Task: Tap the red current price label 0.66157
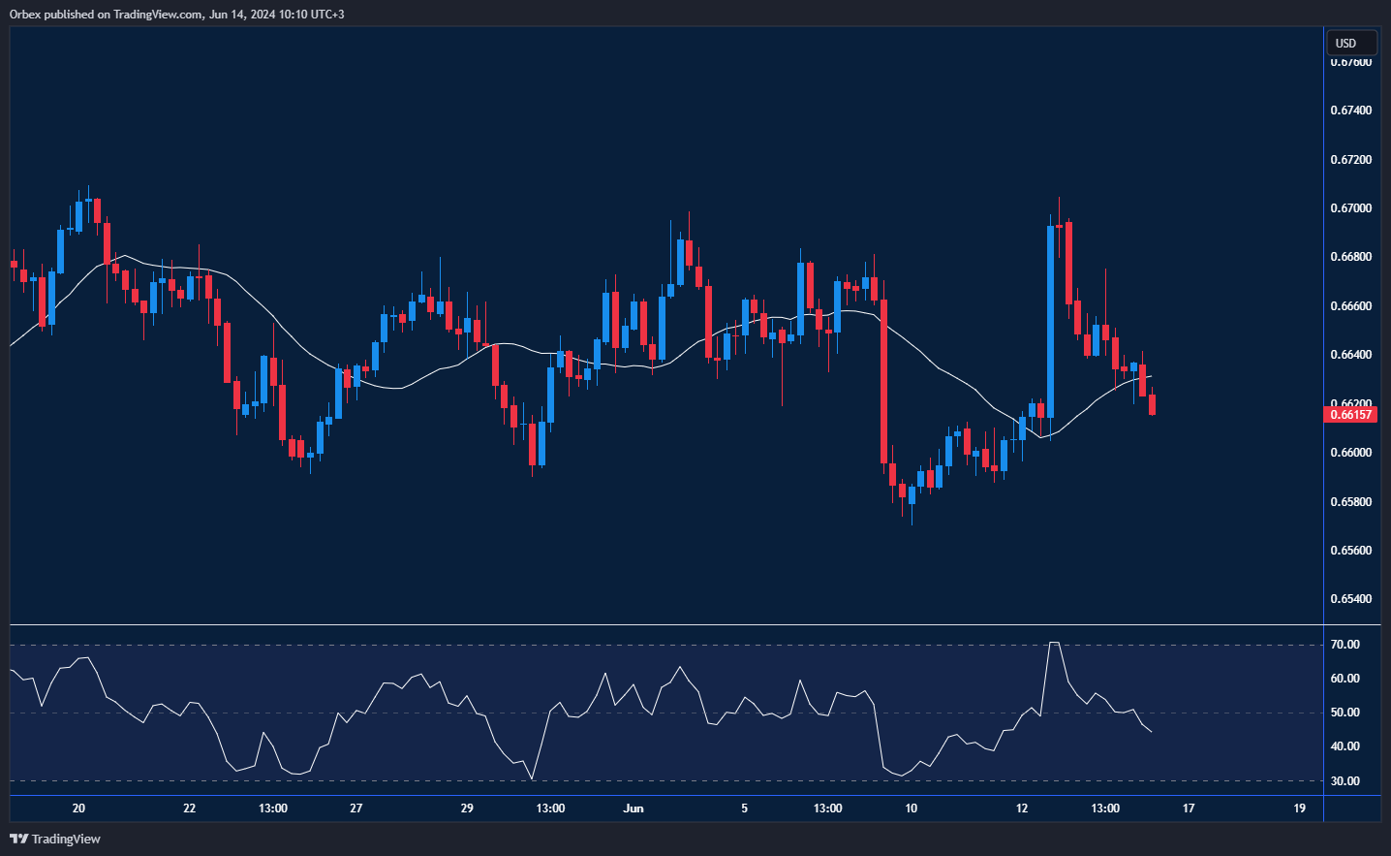point(1350,415)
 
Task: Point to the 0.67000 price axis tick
point(1350,208)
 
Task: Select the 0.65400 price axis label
point(1350,599)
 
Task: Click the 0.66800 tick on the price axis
point(1350,257)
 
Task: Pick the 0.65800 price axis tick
point(1350,502)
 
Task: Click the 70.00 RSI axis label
point(1345,645)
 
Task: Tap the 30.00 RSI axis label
point(1345,781)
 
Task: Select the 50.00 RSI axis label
point(1345,713)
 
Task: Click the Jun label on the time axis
point(634,808)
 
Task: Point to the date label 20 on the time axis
point(78,808)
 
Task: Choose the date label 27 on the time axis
point(356,808)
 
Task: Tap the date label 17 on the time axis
point(1189,808)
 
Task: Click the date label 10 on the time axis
point(911,808)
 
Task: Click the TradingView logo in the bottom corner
point(55,839)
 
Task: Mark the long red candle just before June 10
point(883,378)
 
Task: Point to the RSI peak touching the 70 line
point(1054,643)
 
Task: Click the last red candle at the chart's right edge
point(1152,404)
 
